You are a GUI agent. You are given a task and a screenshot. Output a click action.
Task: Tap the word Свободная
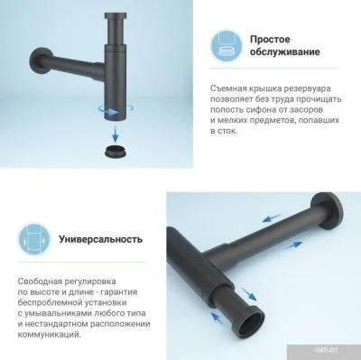pos(43,283)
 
